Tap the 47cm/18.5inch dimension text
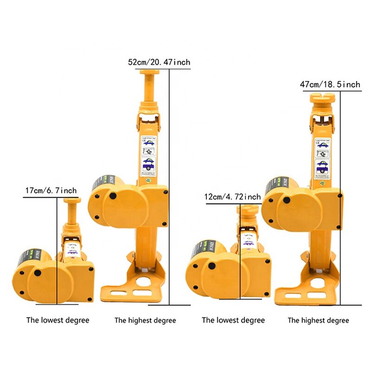coord(330,84)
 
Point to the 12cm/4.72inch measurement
coord(232,197)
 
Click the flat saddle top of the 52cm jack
coord(150,72)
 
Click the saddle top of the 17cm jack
coord(72,200)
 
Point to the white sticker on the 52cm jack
coord(148,155)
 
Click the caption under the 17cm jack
coord(58,320)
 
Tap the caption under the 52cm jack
coord(145,320)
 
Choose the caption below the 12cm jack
coord(233,320)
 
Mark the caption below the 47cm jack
coord(318,320)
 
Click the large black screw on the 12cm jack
coord(212,266)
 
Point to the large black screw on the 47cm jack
coord(287,200)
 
